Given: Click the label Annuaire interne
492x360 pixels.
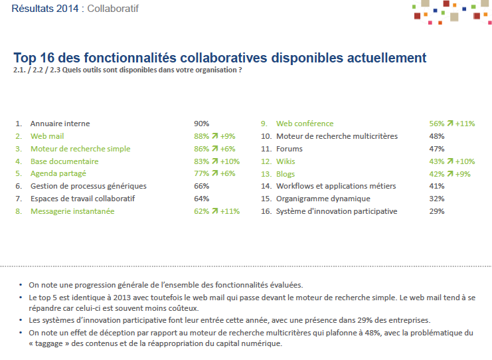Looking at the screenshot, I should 60,124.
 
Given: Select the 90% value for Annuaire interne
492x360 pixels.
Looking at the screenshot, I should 201,124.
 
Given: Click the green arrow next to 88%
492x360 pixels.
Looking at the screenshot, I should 214,136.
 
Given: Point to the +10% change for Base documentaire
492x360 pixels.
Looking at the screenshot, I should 230,161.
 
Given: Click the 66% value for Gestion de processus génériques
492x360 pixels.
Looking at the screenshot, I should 201,186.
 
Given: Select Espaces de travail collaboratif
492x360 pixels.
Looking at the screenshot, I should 82,199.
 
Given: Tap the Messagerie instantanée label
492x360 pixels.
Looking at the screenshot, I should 72,211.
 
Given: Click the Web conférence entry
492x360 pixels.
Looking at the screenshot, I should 305,124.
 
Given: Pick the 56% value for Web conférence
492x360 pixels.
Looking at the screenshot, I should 436,124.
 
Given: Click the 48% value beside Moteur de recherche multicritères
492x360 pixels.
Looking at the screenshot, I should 436,136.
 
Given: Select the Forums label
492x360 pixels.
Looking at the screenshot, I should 289,149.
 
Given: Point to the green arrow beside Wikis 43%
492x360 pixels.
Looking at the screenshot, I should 450,161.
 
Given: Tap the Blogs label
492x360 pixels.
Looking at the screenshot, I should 286,174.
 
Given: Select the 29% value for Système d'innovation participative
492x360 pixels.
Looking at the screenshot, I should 436,211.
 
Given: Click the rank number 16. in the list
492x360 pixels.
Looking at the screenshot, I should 266,211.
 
